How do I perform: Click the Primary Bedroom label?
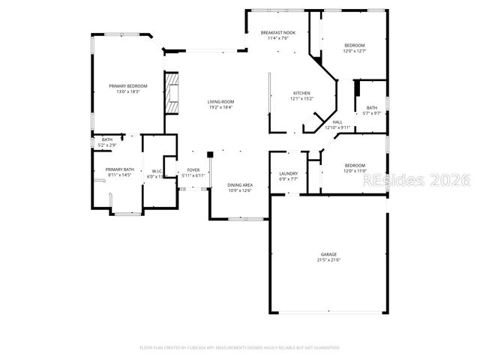click(127, 86)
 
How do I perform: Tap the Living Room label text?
click(220, 102)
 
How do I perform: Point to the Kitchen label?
click(301, 93)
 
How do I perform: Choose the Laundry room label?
click(288, 174)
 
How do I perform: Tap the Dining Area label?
click(240, 184)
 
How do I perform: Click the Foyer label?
click(193, 170)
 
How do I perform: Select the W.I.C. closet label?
click(157, 171)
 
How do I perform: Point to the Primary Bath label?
click(119, 169)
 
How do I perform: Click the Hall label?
click(337, 121)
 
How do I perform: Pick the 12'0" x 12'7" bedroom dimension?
click(355, 51)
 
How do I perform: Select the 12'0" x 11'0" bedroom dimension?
click(355, 171)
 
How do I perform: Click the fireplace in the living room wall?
click(172, 92)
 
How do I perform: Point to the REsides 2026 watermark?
click(428, 181)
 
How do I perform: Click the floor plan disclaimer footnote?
click(240, 347)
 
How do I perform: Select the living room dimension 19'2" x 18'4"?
click(220, 108)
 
